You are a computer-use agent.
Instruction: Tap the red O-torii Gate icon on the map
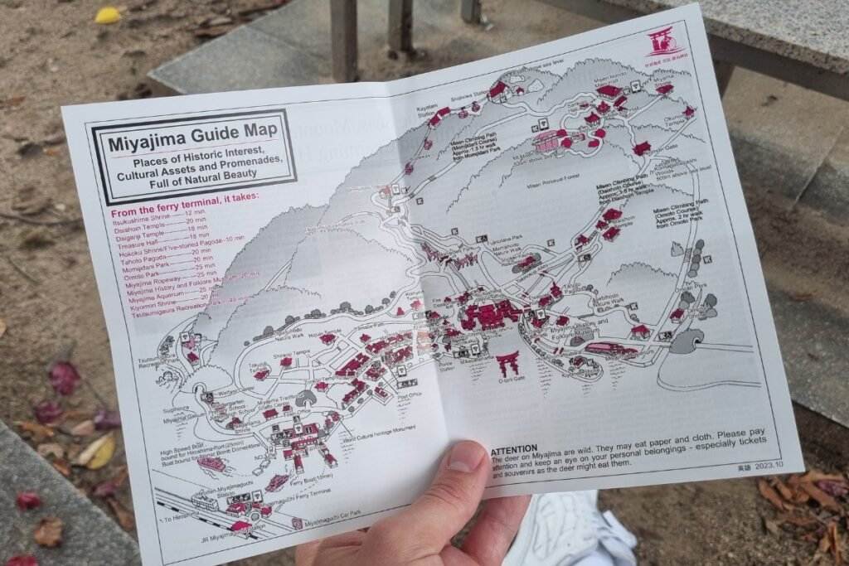(507, 362)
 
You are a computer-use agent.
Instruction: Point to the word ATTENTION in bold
(514, 448)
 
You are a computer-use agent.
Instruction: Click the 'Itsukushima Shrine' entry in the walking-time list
(137, 214)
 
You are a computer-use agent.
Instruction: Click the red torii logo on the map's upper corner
(664, 42)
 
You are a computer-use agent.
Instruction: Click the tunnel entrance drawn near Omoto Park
(685, 341)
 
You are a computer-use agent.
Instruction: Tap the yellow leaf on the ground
(108, 15)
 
